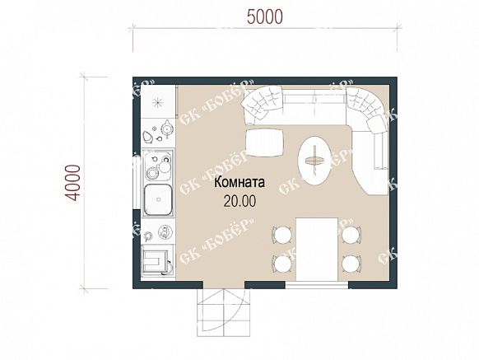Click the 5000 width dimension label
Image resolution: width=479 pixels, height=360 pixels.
265,16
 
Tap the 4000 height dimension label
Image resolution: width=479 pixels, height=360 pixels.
73,183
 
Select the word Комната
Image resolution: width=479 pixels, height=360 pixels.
239,183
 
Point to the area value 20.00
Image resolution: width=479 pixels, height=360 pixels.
239,201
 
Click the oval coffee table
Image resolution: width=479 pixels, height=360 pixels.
314,161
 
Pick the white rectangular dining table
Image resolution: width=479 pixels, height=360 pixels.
317,250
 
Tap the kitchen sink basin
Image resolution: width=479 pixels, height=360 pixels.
158,199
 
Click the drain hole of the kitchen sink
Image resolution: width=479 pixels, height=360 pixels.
158,199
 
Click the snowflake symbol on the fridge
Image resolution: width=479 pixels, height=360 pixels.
158,102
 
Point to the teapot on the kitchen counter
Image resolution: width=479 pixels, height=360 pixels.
167,128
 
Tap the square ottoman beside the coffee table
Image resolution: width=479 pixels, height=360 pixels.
264,143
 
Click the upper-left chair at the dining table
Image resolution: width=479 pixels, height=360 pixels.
282,236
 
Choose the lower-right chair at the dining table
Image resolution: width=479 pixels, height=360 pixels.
351,264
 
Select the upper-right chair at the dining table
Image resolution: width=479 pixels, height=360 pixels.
351,236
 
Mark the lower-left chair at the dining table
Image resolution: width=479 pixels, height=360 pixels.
282,264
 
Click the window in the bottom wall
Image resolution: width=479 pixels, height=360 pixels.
317,285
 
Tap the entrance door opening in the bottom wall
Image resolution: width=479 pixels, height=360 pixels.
224,285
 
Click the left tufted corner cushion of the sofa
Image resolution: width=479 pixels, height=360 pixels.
262,103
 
